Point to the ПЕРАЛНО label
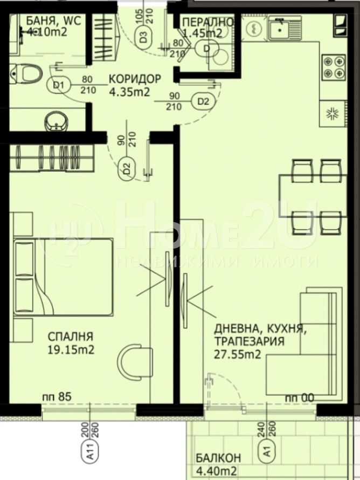208,22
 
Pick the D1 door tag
58,85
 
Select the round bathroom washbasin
55,122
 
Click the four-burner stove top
333,66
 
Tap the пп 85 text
57,397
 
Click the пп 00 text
299,398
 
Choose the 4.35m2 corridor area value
130,91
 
